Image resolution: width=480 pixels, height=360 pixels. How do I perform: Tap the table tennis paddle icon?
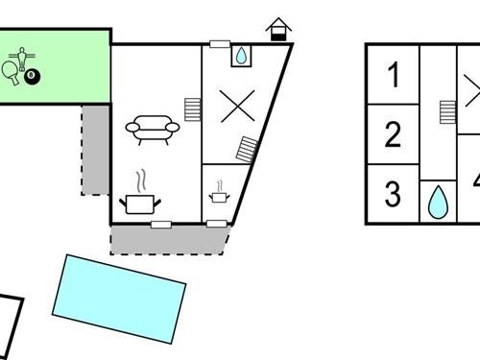pos(11,71)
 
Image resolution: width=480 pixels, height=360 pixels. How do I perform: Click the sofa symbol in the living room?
pos(151,129)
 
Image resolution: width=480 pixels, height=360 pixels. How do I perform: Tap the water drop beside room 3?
pos(438,203)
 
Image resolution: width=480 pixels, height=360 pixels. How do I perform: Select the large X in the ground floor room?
pos(235,106)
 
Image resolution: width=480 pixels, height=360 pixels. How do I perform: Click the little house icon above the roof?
pos(278,29)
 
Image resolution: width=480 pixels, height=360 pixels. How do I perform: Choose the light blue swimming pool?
pos(118,298)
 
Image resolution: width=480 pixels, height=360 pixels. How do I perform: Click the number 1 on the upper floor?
pos(393,73)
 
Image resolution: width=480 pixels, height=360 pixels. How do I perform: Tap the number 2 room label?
pos(393,134)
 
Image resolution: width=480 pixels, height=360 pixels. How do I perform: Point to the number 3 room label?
pos(393,194)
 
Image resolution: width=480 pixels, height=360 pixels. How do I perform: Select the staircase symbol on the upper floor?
pos(447,112)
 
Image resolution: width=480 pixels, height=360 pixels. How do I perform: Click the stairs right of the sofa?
pos(193,108)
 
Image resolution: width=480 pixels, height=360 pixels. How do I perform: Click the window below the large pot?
pos(161,225)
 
